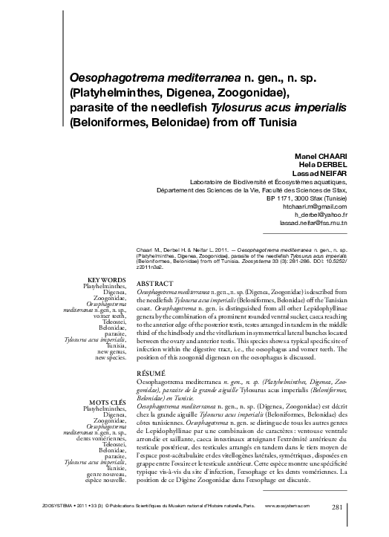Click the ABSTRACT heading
155,284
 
